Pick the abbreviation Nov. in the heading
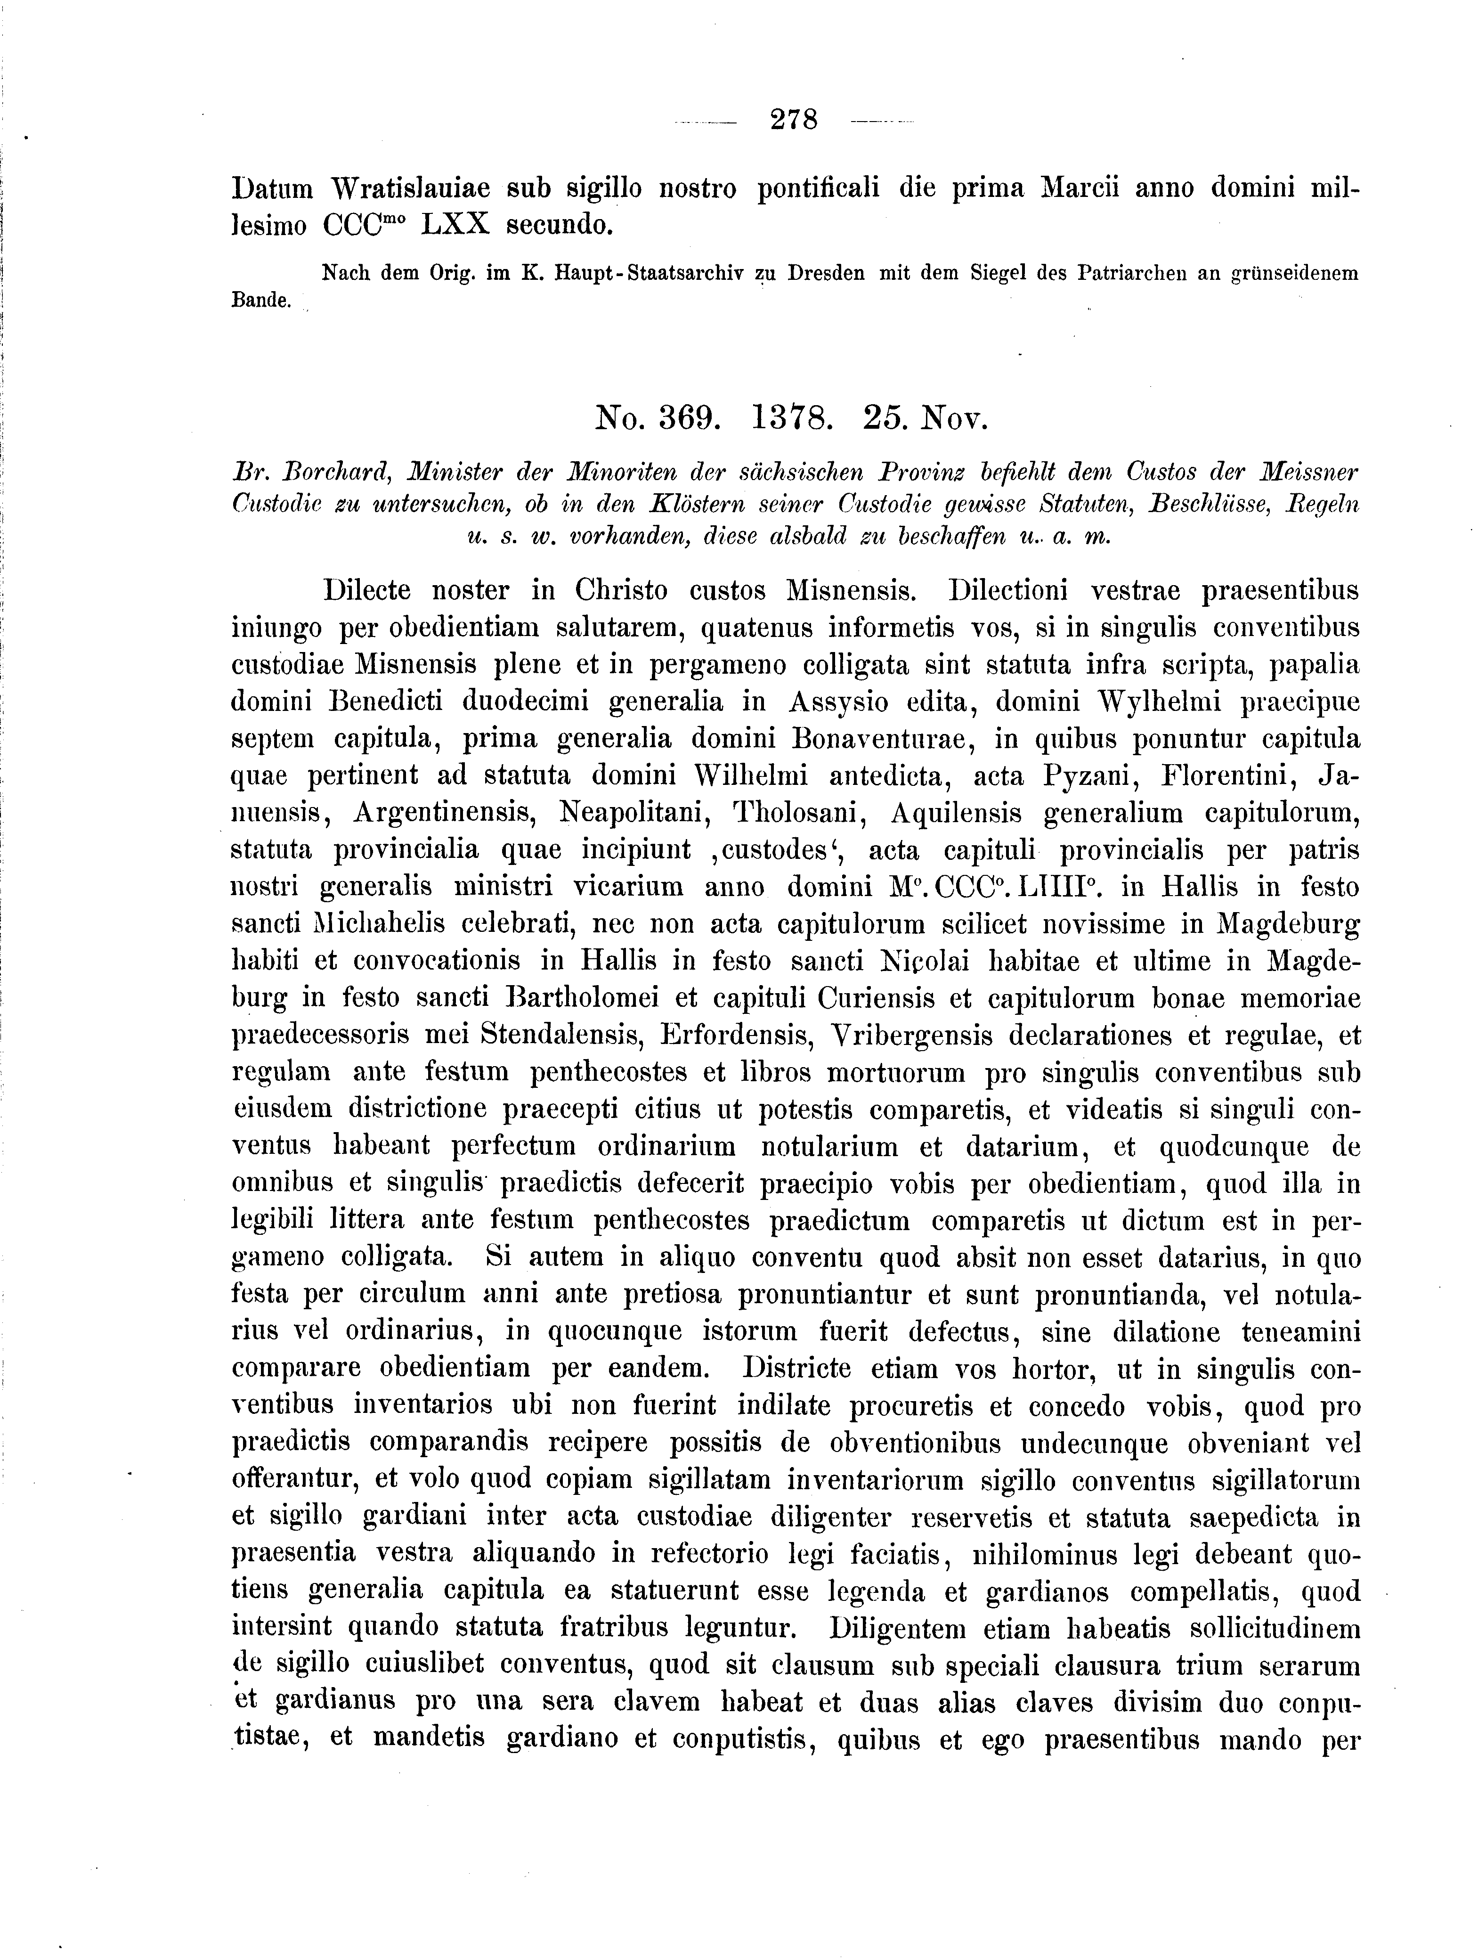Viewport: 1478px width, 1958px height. pyautogui.click(x=952, y=416)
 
